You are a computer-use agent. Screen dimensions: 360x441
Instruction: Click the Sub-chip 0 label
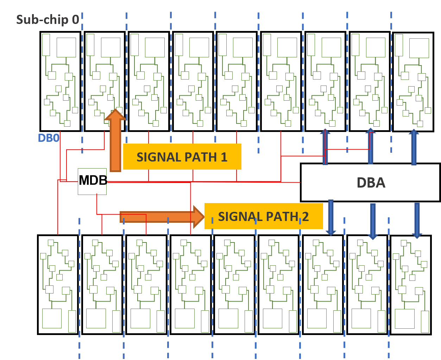48,19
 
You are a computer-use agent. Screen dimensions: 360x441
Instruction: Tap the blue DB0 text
49,138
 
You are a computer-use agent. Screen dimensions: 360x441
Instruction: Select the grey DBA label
371,183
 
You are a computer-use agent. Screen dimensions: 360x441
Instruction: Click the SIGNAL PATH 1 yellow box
182,157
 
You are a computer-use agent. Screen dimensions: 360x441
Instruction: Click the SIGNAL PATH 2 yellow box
263,216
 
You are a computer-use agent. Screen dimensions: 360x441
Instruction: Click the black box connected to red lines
92,182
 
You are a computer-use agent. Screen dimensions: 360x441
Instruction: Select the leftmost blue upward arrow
325,147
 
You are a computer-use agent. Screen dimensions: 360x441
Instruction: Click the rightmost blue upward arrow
414,147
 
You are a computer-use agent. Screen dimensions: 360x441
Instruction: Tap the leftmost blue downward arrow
331,217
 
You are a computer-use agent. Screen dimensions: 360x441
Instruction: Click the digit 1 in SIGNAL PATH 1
224,157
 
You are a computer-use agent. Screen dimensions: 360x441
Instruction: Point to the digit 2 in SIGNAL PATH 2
305,216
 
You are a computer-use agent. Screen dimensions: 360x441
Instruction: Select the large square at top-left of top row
66,48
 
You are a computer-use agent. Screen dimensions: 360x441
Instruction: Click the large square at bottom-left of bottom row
52,318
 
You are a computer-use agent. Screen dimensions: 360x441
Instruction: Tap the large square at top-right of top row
419,48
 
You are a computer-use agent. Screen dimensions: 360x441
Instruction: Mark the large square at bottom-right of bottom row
404,318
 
